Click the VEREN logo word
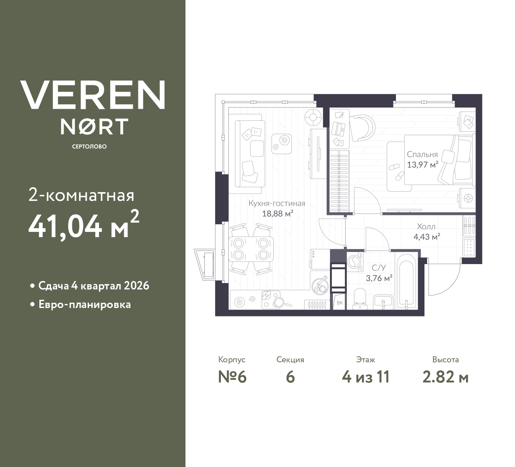pos(93,95)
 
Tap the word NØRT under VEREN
pos(94,126)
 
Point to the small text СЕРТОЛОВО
pos(89,147)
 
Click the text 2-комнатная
pos(81,196)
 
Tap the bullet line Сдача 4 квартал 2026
pos(93,286)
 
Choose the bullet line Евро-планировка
pos(84,304)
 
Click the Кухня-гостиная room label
pos(277,203)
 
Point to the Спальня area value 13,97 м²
pos(422,165)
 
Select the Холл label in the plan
pos(426,227)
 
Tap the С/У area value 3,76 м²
pos(379,278)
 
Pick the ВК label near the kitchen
pos(340,303)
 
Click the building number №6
pos(232,377)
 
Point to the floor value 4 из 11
pos(365,377)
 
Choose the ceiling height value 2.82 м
pos(445,377)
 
